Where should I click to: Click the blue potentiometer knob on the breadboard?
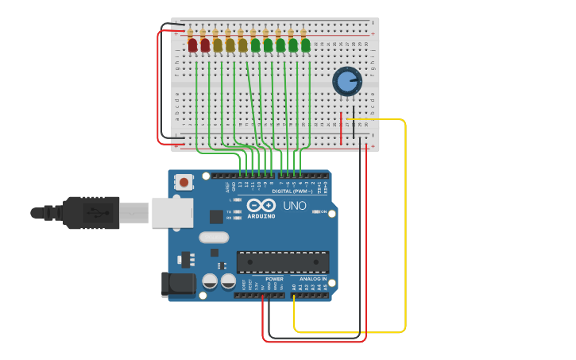(x=347, y=81)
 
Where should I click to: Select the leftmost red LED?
(x=192, y=45)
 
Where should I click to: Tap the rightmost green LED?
(x=306, y=45)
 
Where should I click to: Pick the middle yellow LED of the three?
(x=230, y=45)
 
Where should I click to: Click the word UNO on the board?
(x=295, y=207)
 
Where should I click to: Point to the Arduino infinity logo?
(x=261, y=205)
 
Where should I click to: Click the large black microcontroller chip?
(x=283, y=261)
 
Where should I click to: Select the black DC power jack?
(x=177, y=285)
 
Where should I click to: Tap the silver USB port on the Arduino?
(x=172, y=213)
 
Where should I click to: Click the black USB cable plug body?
(x=91, y=213)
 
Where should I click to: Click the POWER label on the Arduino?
(x=274, y=279)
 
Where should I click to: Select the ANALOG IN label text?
(x=313, y=279)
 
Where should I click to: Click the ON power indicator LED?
(x=316, y=211)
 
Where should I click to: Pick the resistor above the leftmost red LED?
(x=191, y=33)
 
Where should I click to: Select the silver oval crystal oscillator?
(x=214, y=237)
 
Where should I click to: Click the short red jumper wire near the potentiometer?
(x=342, y=128)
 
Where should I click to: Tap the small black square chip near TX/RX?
(x=216, y=216)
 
